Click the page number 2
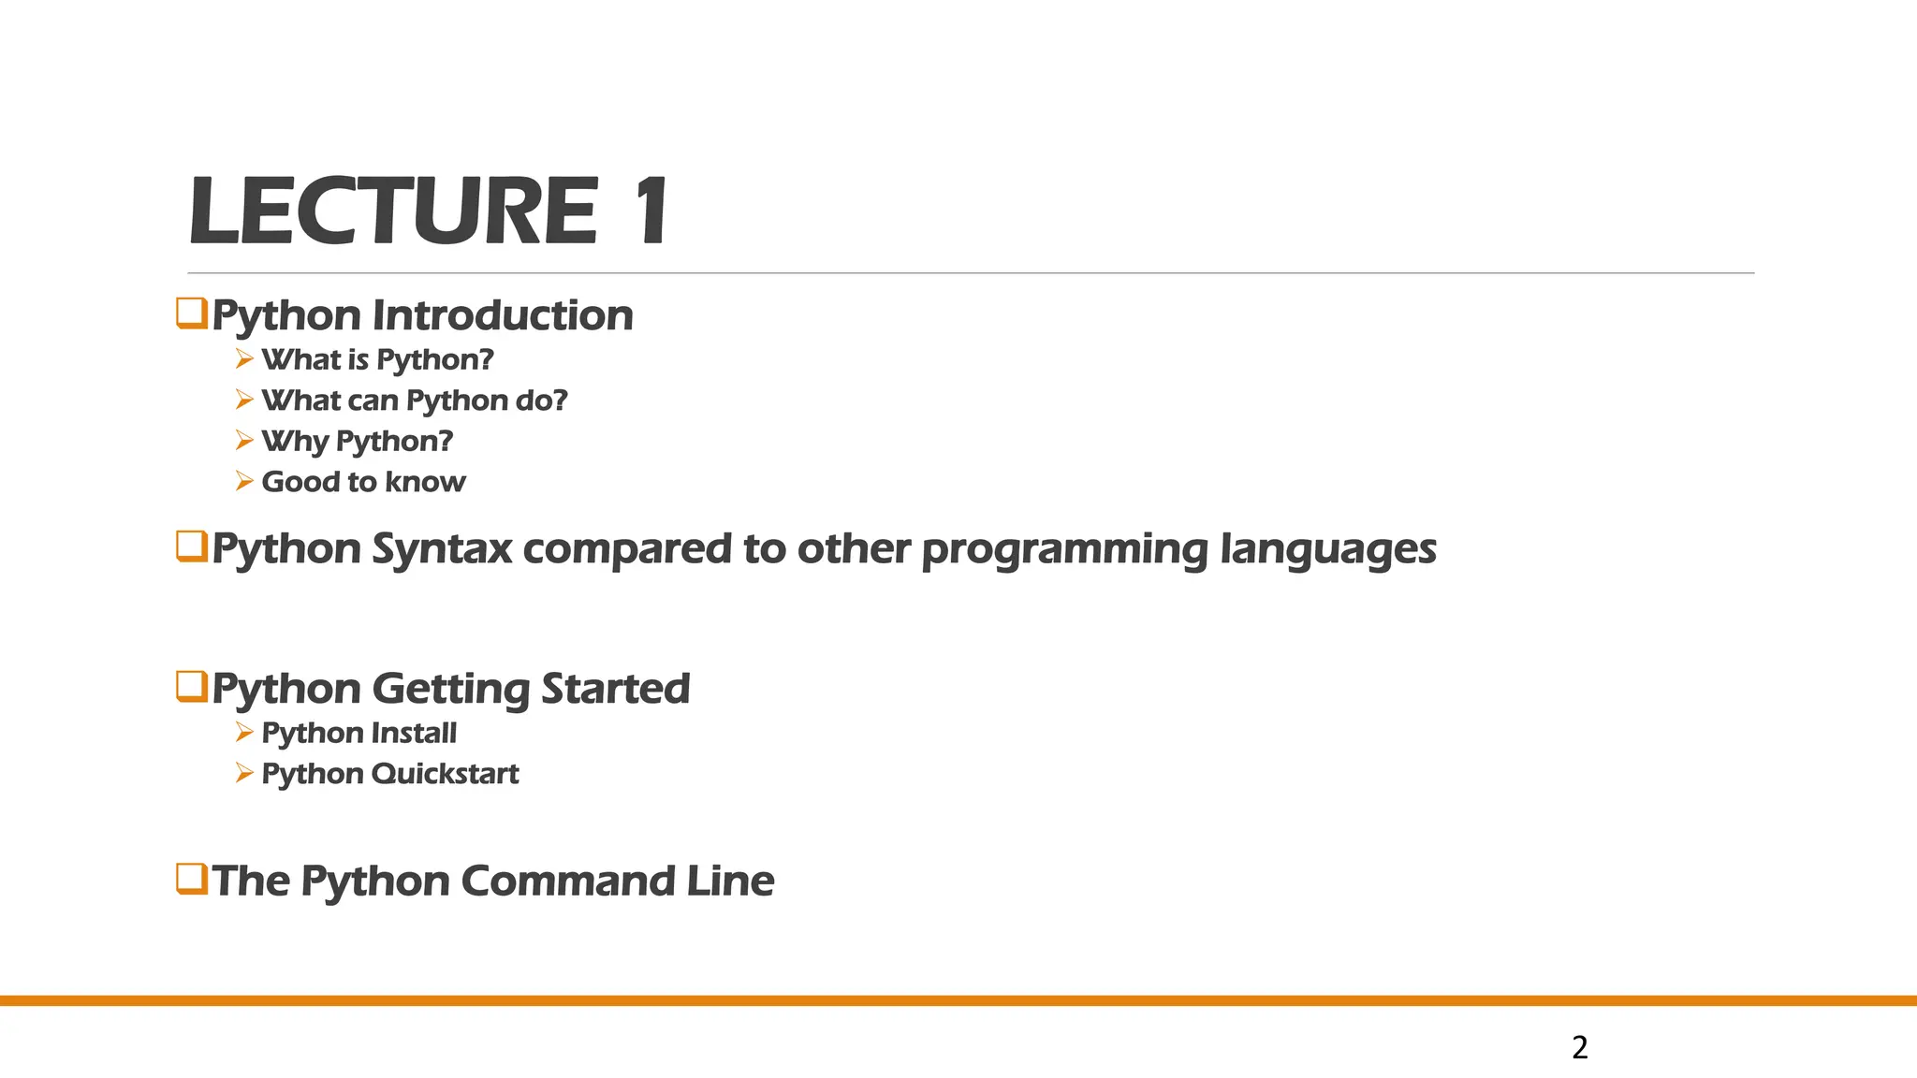tap(1580, 1047)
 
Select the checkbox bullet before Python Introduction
tap(192, 313)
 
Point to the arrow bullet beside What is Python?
tap(244, 359)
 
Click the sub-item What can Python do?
tap(415, 401)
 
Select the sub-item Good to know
tap(363, 482)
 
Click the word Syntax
tap(442, 549)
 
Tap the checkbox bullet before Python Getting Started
tap(192, 687)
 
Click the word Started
tap(615, 689)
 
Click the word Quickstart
tap(445, 774)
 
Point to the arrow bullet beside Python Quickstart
tap(244, 774)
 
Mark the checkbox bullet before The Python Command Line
tap(192, 880)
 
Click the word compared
tap(627, 549)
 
